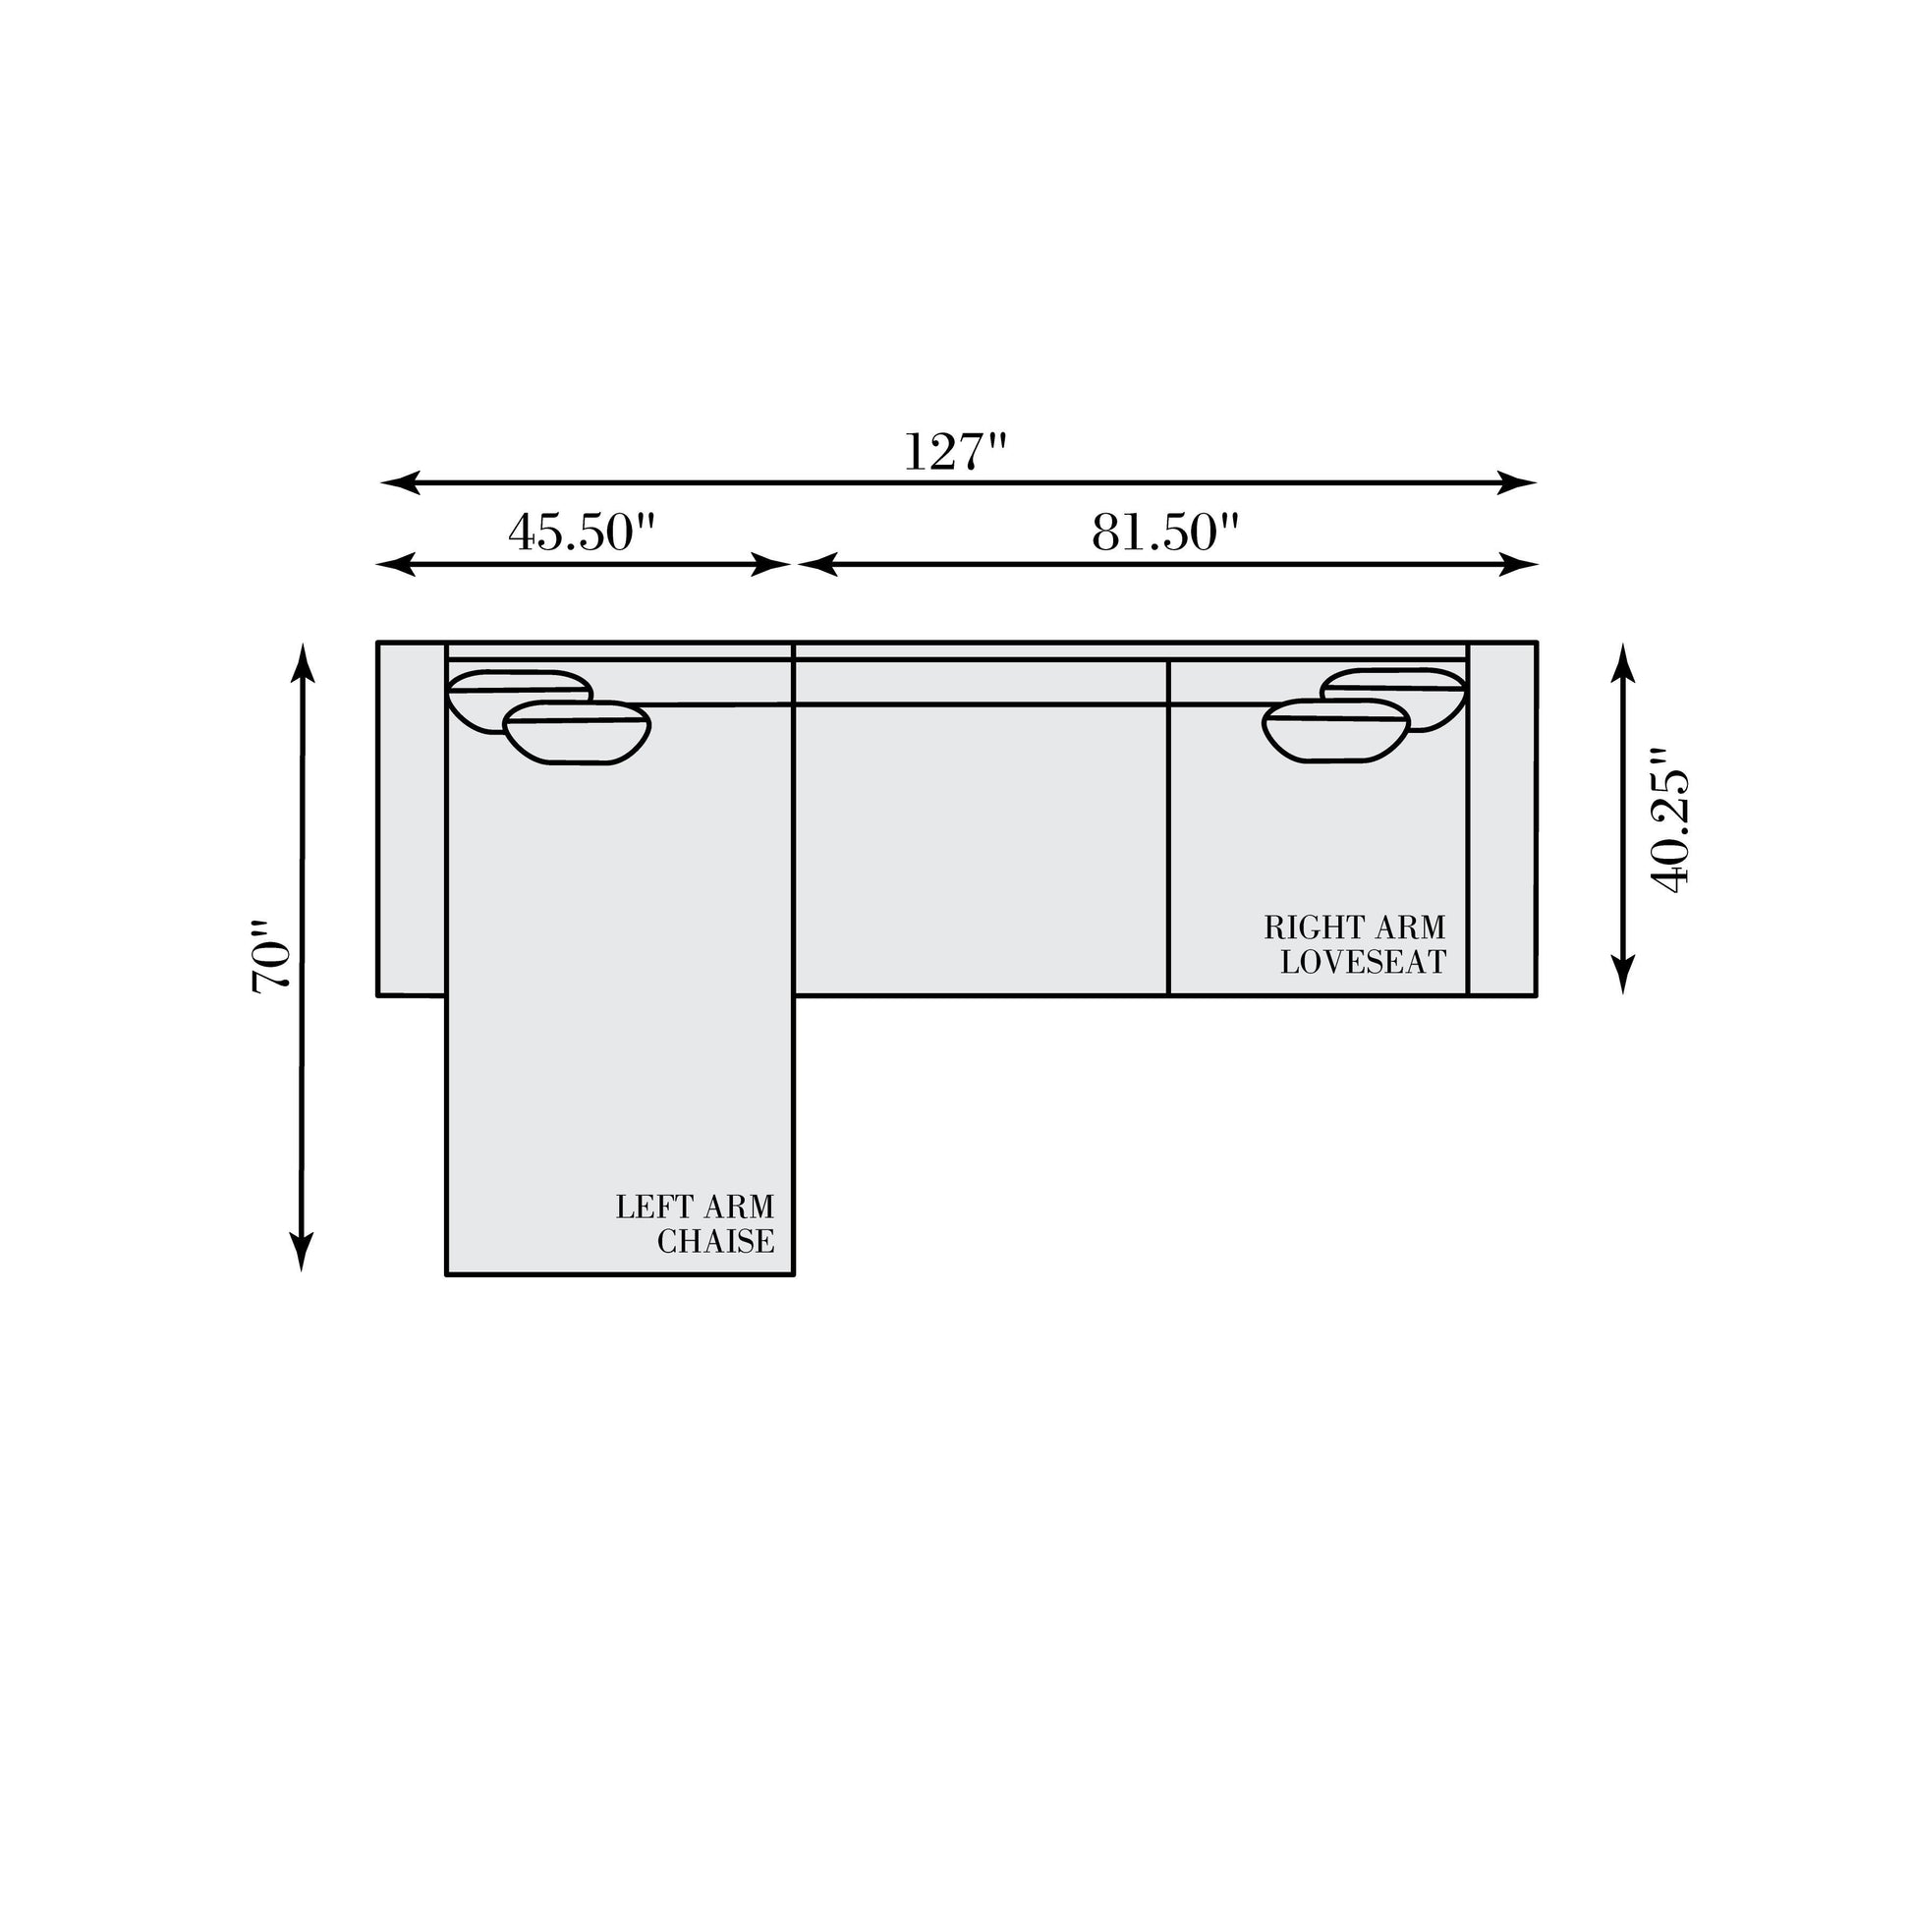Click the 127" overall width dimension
click(x=955, y=451)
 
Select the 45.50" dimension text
click(x=582, y=533)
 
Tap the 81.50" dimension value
click(x=1166, y=533)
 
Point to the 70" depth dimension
click(x=270, y=957)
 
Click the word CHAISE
click(x=715, y=1242)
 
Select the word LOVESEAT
click(x=1363, y=962)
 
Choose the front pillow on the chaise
click(x=577, y=733)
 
